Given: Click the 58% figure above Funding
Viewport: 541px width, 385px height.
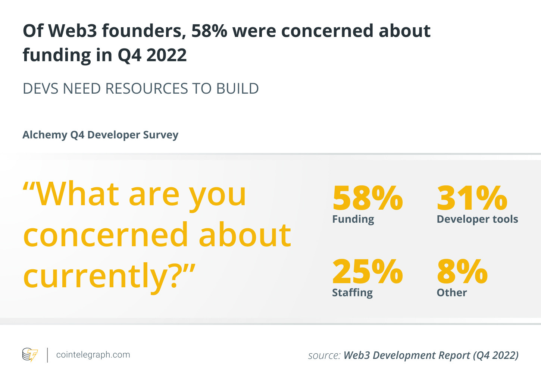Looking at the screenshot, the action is pyautogui.click(x=368, y=198).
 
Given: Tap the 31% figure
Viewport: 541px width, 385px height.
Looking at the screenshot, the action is pyautogui.click(x=472, y=198).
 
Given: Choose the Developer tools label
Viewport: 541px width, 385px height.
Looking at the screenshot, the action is pyautogui.click(x=477, y=219).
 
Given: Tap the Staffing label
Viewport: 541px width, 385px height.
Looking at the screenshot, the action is pyautogui.click(x=352, y=293).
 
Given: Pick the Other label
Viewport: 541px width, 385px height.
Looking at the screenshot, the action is pyautogui.click(x=451, y=292).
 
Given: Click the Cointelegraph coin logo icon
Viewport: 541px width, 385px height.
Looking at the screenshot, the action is pyautogui.click(x=30, y=354).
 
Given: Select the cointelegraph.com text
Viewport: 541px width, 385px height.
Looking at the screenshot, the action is pyautogui.click(x=93, y=355).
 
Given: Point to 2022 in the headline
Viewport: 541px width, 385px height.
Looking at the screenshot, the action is pyautogui.click(x=166, y=55).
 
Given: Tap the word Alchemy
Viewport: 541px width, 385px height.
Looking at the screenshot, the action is pyautogui.click(x=45, y=135).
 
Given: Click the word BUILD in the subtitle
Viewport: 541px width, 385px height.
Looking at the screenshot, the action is pyautogui.click(x=237, y=88).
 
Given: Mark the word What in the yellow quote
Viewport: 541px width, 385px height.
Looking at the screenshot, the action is pyautogui.click(x=77, y=194).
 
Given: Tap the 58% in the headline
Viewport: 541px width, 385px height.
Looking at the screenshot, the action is pyautogui.click(x=209, y=31).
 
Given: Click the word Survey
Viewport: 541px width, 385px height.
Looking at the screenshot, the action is pyautogui.click(x=160, y=135).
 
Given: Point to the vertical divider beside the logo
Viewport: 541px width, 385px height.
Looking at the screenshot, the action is pyautogui.click(x=47, y=355).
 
